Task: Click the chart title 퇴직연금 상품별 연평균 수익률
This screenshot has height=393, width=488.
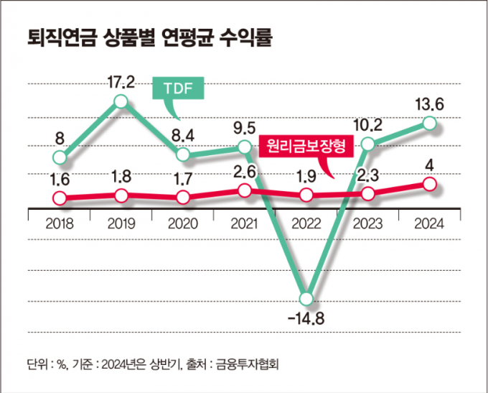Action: (x=150, y=37)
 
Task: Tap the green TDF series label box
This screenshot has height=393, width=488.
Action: (x=179, y=89)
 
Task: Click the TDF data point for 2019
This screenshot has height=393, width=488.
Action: (x=121, y=101)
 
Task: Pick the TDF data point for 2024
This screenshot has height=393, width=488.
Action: (x=429, y=124)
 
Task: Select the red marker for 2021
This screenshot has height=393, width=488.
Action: (x=245, y=190)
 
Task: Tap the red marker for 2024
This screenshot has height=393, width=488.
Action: (x=429, y=185)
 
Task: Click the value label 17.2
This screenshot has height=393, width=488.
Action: (x=121, y=81)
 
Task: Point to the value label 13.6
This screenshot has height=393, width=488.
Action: (x=429, y=104)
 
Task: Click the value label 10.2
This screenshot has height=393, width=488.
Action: (x=368, y=124)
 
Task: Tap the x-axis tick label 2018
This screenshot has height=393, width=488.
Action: (x=60, y=223)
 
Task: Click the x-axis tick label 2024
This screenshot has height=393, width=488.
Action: (x=429, y=223)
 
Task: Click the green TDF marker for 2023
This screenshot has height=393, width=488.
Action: (x=368, y=144)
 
